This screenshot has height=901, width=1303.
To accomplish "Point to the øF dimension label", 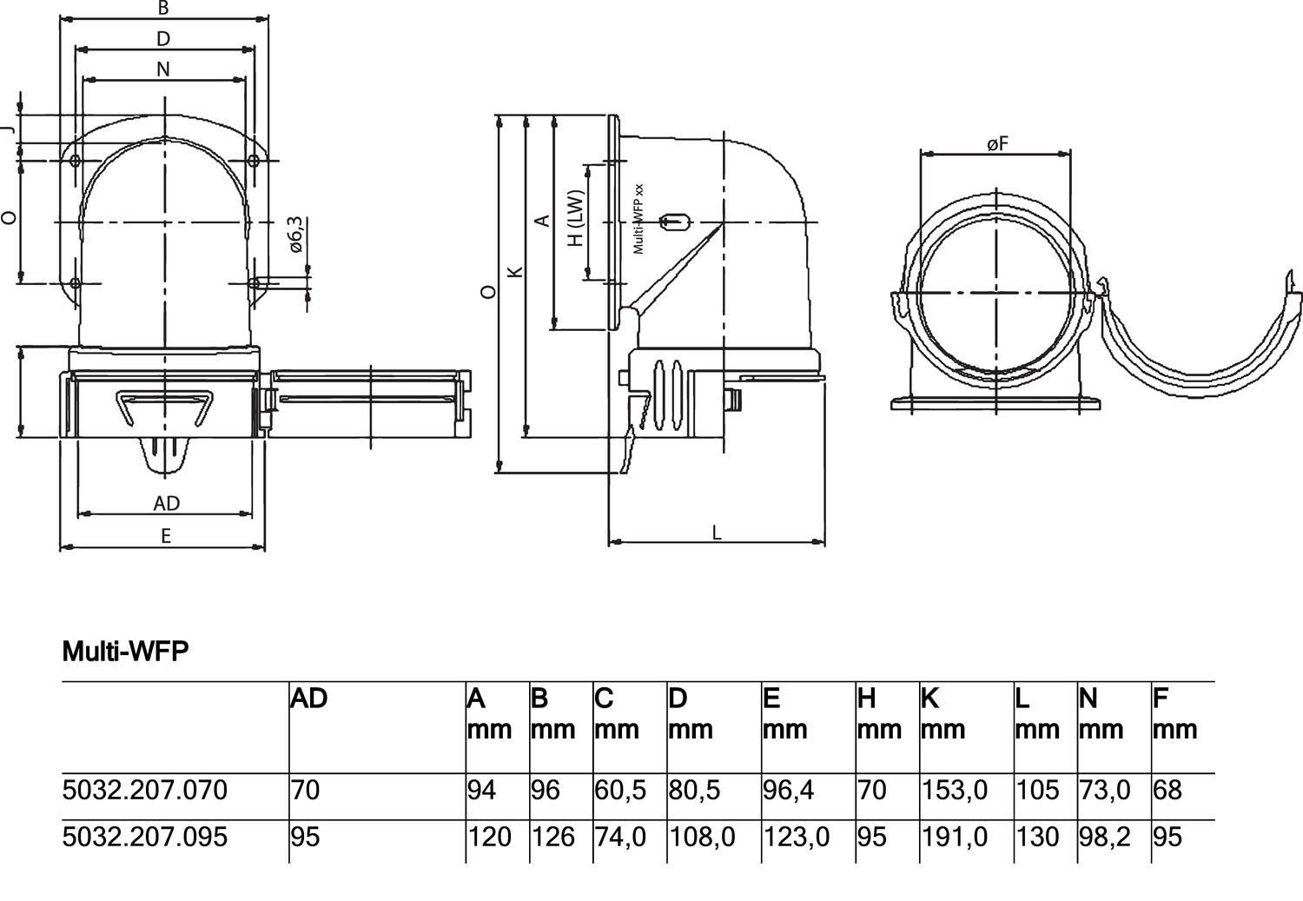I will coord(997,143).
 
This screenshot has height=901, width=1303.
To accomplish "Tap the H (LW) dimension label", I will coord(576,218).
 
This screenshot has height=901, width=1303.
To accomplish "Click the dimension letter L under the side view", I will coord(717,533).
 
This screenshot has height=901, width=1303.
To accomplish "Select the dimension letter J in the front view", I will coord(9,129).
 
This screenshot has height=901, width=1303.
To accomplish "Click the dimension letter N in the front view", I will coord(163,70).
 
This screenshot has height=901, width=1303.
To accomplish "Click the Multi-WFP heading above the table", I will coord(125,651).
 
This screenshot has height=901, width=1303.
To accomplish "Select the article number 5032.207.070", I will coord(145,790).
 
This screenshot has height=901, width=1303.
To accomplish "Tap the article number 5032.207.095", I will coord(145,837).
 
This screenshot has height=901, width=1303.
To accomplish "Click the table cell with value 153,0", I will coord(955,790).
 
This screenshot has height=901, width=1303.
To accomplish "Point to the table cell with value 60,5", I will coord(620,790).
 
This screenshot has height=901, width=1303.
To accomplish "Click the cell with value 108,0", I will coord(702,837).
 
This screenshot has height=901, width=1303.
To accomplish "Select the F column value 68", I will coord(1167,790).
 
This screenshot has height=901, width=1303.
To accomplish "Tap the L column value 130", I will coord(1037,837).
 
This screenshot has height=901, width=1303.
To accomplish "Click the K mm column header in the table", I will coord(943,713).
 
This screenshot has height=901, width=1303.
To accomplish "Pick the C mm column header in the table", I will coord(617,713).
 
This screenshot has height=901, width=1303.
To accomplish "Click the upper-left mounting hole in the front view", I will coord(76,160).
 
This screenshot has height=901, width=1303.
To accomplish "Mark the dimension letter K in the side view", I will coord(515,272).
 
